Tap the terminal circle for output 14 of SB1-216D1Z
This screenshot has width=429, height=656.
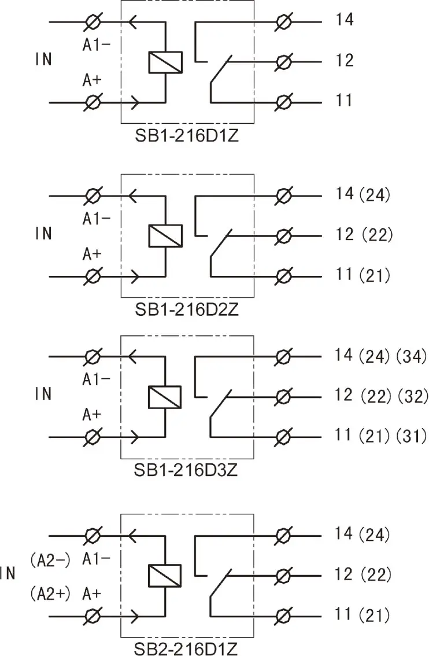(283, 22)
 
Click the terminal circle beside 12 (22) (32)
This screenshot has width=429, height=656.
(283, 396)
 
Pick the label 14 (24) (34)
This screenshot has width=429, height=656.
(381, 355)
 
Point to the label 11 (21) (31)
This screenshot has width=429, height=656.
(381, 436)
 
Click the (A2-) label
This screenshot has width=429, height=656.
(50, 559)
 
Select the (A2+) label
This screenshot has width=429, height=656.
(50, 593)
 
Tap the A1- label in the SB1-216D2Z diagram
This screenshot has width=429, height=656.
(97, 218)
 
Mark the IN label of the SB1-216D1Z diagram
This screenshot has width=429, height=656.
(43, 60)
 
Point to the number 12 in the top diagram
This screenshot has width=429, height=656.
(344, 60)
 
